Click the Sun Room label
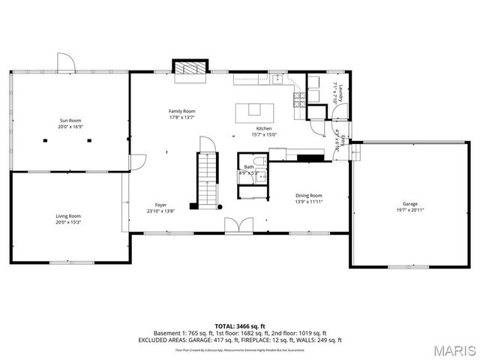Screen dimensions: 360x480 [x=70, y=120]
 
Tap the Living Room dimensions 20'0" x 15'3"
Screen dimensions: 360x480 [x=68, y=222]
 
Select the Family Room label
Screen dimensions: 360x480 [x=181, y=111]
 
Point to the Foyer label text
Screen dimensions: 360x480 [x=160, y=205]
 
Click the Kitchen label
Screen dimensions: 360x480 [x=263, y=128]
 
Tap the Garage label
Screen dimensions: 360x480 [x=409, y=203]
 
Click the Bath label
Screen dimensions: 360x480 [x=248, y=166]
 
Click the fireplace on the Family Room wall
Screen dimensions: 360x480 [x=188, y=67]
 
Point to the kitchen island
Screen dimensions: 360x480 [x=254, y=112]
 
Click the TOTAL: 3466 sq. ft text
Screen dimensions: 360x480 [x=240, y=325]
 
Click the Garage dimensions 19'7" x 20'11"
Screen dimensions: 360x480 [x=409, y=209]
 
